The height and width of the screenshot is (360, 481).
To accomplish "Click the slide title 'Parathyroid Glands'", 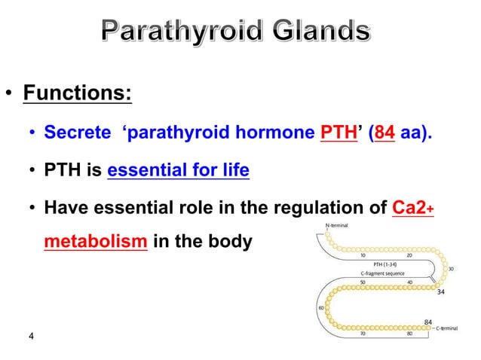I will point(236,32).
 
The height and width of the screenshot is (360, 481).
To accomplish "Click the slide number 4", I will point(30,336).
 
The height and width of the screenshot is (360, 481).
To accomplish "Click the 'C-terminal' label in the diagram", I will point(452,329).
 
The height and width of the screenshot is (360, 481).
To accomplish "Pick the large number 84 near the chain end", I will point(427,321).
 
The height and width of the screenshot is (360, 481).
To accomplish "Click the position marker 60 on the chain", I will point(320,307).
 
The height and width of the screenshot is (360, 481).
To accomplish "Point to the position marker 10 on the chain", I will point(363,255).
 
